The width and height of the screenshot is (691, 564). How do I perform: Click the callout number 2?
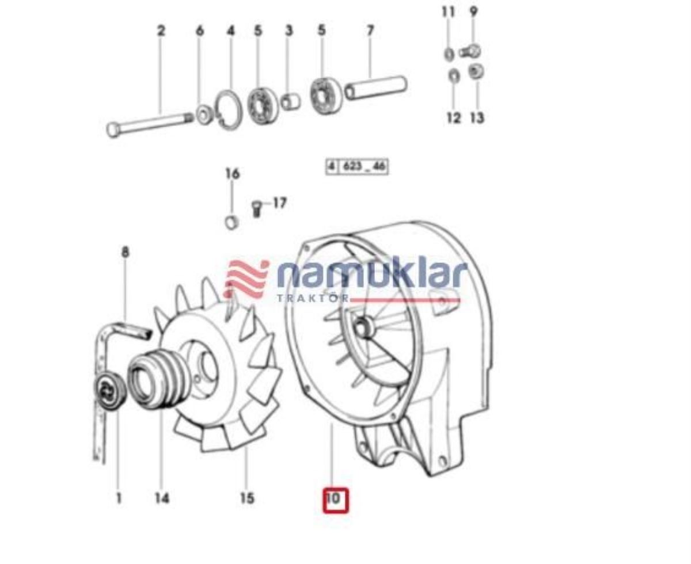pyautogui.click(x=161, y=31)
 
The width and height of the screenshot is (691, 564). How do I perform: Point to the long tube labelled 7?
pyautogui.click(x=375, y=86)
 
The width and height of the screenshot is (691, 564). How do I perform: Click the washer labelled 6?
pyautogui.click(x=203, y=114)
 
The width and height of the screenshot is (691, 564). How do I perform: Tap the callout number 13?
pyautogui.click(x=477, y=118)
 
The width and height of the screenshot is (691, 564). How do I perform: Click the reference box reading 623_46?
pyautogui.click(x=356, y=167)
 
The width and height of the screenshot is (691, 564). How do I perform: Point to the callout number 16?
pyautogui.click(x=232, y=173)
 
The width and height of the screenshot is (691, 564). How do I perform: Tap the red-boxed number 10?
pyautogui.click(x=335, y=498)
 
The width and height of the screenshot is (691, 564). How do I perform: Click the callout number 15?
pyautogui.click(x=246, y=497)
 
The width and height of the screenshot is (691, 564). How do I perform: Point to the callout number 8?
pyautogui.click(x=125, y=252)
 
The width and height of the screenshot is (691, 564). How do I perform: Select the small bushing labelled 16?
pyautogui.click(x=232, y=221)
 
